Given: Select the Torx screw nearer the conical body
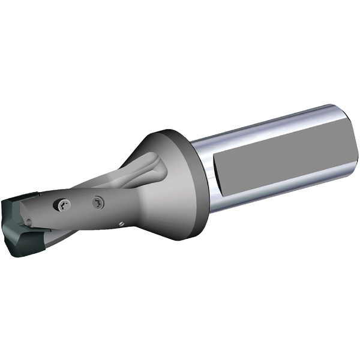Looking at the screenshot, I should click(x=98, y=203).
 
